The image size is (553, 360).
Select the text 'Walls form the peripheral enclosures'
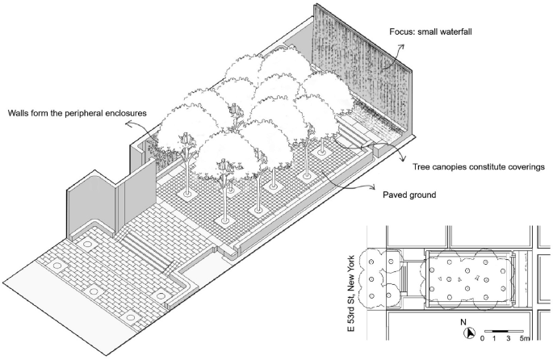(78, 112)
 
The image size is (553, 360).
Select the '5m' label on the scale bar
(525, 340)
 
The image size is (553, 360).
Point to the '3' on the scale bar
(509, 340)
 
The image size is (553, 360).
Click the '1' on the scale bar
(493, 340)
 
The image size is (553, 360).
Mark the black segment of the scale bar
(501, 331)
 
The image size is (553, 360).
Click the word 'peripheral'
(86, 112)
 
